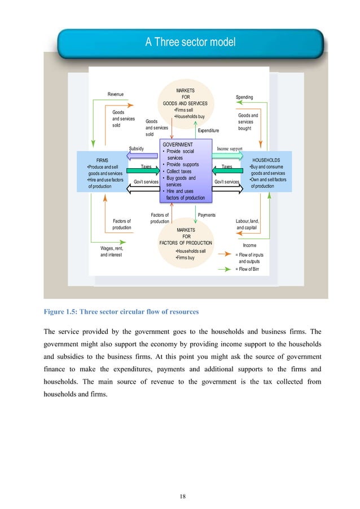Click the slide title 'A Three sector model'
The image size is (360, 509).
[x=190, y=42]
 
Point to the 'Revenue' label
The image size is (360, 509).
[x=116, y=94]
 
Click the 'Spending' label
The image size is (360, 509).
[x=244, y=97]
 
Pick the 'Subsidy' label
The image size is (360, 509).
[x=137, y=148]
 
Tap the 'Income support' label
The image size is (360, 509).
[x=229, y=148]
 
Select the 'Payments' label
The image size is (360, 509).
[x=207, y=215]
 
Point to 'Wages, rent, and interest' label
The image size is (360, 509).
[x=112, y=252]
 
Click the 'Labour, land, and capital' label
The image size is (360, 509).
[x=247, y=225]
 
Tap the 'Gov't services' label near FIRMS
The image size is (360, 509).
[x=146, y=182]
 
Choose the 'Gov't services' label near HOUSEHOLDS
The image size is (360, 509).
[x=227, y=182]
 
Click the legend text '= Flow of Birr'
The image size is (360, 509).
[x=249, y=270]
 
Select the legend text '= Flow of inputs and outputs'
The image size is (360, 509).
[x=249, y=258]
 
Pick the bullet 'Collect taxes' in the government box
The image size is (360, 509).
[x=179, y=172]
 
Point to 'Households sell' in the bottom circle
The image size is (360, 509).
[x=191, y=251]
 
